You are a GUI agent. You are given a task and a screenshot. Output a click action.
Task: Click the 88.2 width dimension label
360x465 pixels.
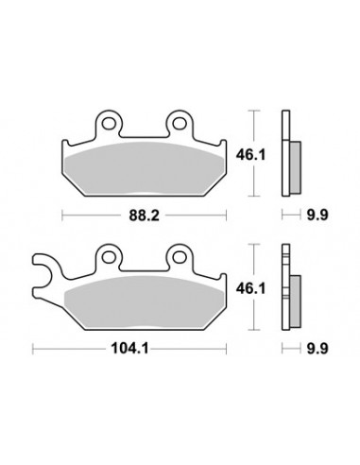[x=144, y=215]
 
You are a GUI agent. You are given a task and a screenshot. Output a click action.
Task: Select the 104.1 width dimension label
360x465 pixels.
[x=129, y=349]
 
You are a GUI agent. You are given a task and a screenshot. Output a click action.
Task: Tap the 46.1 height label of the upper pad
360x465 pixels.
[x=251, y=155]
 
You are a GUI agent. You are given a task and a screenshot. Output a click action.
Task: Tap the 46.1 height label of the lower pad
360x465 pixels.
[x=251, y=288]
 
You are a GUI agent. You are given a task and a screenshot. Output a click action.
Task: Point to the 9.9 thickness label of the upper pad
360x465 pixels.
[x=317, y=215]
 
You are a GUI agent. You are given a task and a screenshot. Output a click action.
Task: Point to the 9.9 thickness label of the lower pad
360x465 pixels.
[x=317, y=349]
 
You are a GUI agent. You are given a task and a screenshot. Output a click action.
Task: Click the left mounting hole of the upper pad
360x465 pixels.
[x=108, y=123]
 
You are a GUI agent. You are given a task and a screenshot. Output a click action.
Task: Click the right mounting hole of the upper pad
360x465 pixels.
[x=179, y=123]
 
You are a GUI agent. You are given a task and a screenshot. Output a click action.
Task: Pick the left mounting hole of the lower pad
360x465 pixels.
[x=108, y=256]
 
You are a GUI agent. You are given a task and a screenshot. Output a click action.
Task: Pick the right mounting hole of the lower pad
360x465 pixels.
[x=179, y=256]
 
